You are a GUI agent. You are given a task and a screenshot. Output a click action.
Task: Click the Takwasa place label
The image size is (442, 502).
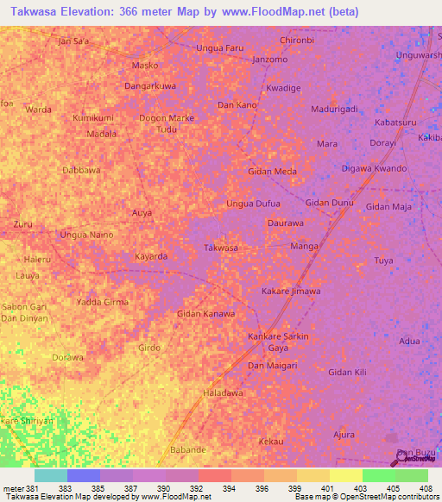(x=220, y=248)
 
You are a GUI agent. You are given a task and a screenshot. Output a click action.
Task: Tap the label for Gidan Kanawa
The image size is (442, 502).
(x=205, y=313)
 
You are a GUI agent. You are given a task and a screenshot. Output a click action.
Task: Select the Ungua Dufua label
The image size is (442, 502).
(x=253, y=204)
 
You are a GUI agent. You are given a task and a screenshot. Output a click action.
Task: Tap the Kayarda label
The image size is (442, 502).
(x=151, y=256)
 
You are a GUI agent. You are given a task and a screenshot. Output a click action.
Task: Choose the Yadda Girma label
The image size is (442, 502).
(x=103, y=302)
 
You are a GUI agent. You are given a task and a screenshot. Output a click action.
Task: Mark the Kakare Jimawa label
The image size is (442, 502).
(x=291, y=292)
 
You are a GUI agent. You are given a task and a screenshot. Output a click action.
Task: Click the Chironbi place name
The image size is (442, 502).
(x=297, y=41)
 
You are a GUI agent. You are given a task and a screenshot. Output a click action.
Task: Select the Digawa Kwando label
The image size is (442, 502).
(x=374, y=168)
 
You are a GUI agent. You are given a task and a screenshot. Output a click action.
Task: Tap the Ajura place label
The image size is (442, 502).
(x=344, y=435)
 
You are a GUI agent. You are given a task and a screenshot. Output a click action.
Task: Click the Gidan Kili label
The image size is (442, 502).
(x=348, y=372)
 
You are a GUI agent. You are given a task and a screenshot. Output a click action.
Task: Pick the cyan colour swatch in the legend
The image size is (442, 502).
(x=51, y=475)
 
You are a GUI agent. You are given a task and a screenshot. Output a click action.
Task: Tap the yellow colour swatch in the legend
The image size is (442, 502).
(x=346, y=475)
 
